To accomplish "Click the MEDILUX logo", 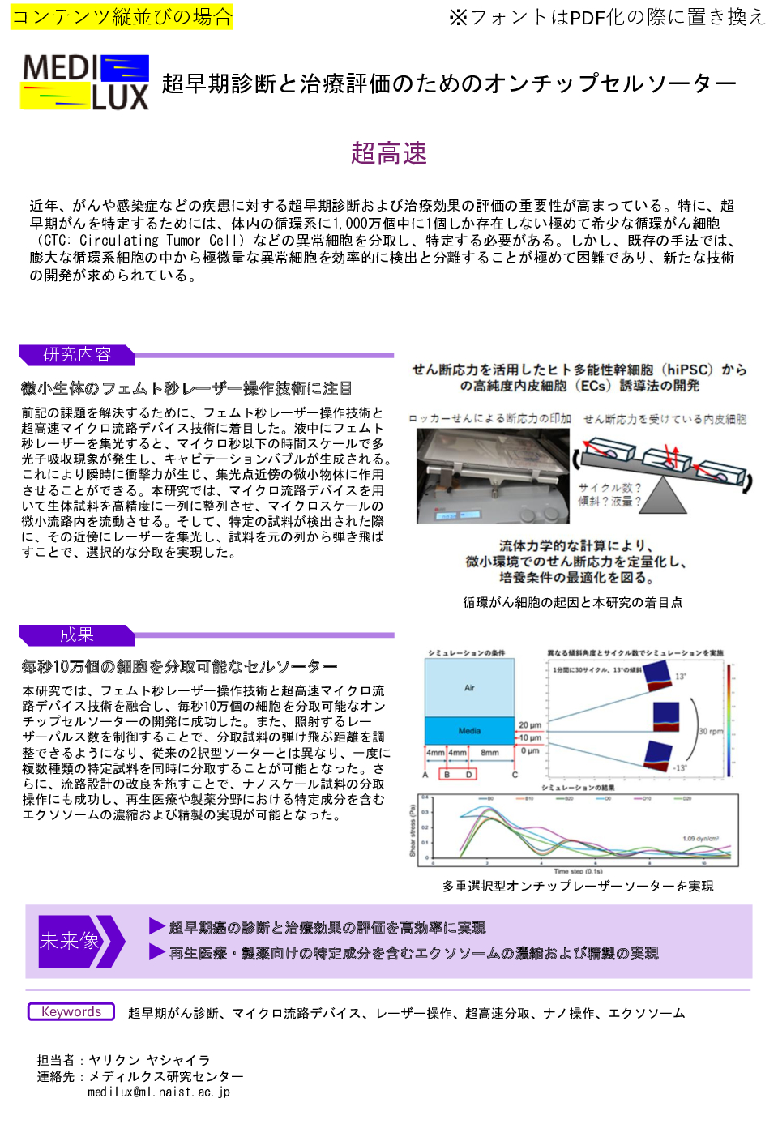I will click(x=85, y=82).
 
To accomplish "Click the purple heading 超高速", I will click(x=388, y=153).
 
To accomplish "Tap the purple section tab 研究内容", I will click(x=77, y=354).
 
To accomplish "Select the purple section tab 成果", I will click(x=77, y=635).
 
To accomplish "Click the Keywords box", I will click(x=71, y=1011).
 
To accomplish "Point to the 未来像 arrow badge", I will click(x=80, y=941).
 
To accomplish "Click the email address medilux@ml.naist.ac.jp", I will click(x=159, y=1092).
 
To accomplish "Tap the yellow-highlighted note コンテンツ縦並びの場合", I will click(x=122, y=17).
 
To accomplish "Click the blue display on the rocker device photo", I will click(x=450, y=515).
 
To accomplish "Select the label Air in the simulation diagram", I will click(x=469, y=688).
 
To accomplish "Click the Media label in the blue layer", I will click(x=469, y=730).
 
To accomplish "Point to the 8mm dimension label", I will click(x=489, y=752).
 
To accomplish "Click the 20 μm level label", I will click(x=530, y=724).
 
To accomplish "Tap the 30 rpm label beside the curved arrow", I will click(x=711, y=731).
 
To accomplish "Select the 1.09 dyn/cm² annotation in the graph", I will click(x=700, y=839).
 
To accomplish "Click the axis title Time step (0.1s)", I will click(x=578, y=871).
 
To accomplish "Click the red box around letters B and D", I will click(x=457, y=774).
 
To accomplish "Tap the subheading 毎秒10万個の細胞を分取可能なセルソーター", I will click(x=179, y=666).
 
